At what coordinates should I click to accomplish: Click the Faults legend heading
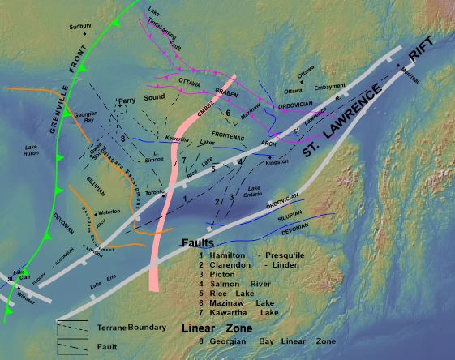199,242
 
